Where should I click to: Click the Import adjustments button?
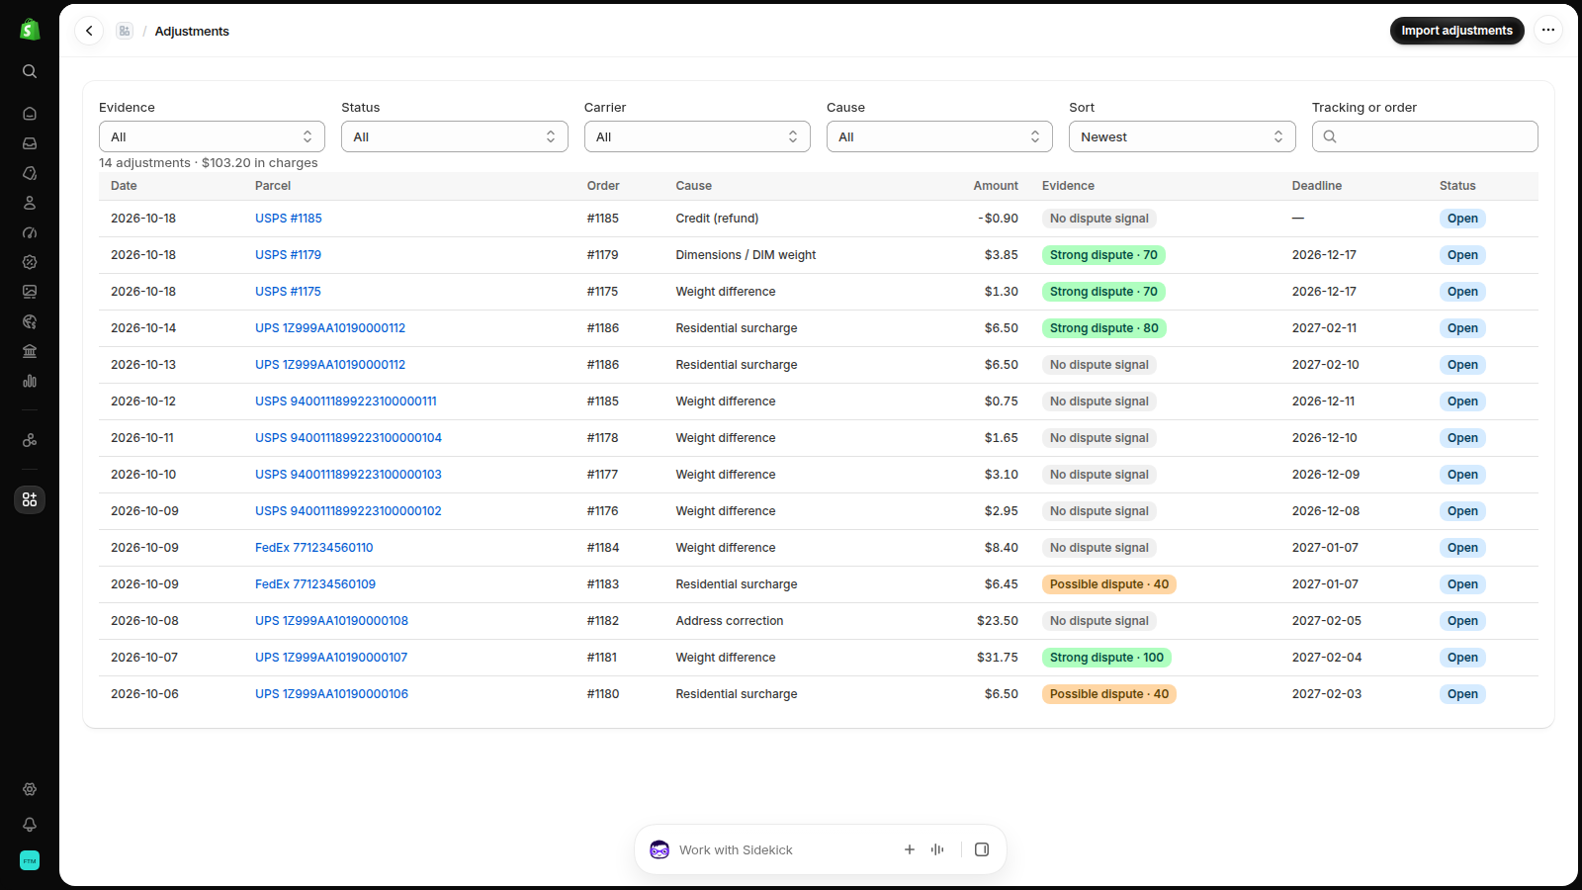click(x=1456, y=31)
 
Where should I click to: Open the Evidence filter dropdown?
click(x=212, y=136)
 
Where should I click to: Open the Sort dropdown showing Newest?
click(x=1182, y=136)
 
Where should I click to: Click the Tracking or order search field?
click(x=1425, y=136)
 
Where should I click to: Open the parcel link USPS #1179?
click(x=288, y=255)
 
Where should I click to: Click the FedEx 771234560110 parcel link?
click(x=313, y=548)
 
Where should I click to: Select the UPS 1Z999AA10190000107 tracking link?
click(x=331, y=657)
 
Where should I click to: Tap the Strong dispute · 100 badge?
click(x=1106, y=657)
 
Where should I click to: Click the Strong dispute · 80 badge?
click(x=1103, y=327)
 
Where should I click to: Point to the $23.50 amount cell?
click(x=998, y=621)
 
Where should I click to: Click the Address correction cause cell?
click(x=729, y=621)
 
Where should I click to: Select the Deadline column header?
click(x=1316, y=186)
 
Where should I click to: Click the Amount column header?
click(x=995, y=186)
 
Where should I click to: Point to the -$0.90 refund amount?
click(x=998, y=219)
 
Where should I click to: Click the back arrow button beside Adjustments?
click(x=89, y=31)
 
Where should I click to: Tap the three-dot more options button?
click(x=1548, y=30)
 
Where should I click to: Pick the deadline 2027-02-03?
click(x=1326, y=693)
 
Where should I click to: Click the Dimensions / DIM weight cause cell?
click(x=746, y=255)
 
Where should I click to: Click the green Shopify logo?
click(x=30, y=30)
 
